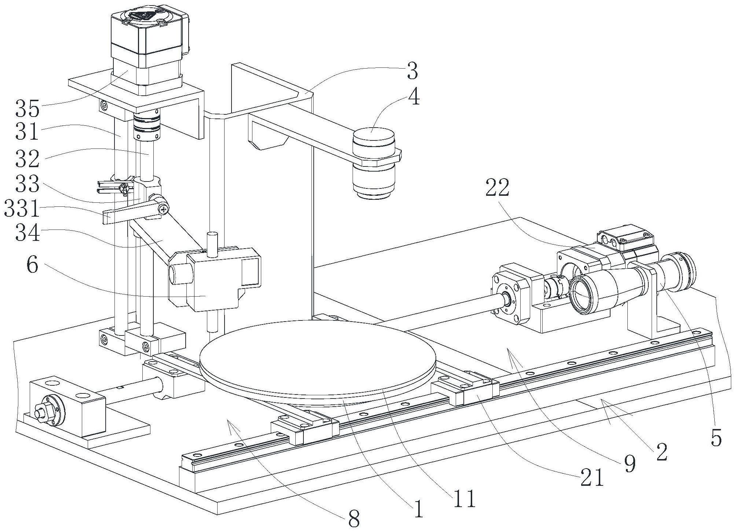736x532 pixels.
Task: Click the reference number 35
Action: (27, 108)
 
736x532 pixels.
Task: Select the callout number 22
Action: (498, 188)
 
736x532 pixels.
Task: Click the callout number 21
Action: (592, 478)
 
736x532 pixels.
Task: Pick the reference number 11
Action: (464, 498)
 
